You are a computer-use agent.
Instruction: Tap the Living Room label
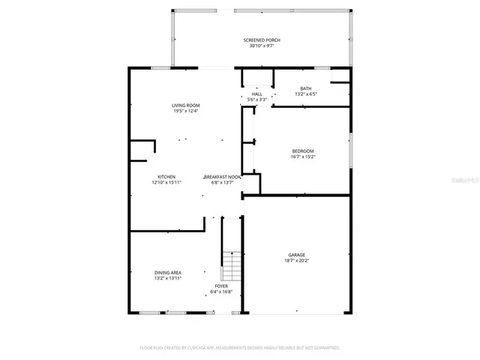click(185, 106)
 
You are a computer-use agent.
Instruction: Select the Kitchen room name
click(166, 176)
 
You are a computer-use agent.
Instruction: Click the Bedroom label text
click(302, 151)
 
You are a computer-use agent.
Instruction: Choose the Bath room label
click(305, 88)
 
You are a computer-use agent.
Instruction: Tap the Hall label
click(257, 94)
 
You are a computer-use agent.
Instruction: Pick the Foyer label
click(221, 286)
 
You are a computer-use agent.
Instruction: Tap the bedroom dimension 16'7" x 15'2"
click(302, 157)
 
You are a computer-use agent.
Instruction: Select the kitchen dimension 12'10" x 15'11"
click(166, 182)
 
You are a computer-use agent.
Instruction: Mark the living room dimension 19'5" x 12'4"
click(185, 112)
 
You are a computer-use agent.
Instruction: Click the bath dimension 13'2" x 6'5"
click(305, 94)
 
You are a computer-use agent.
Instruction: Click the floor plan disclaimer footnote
click(240, 348)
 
